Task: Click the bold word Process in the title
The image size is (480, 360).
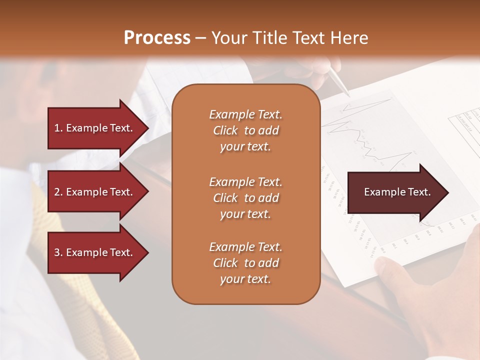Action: pos(157,37)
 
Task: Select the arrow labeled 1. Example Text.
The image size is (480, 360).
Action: pos(95,128)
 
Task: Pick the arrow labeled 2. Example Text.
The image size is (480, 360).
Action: pos(95,192)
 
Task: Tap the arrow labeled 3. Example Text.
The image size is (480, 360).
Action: pos(95,252)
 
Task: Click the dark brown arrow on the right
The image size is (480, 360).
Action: pos(395,192)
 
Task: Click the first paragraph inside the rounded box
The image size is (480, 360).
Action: pos(245,130)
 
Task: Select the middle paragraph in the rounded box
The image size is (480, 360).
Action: pos(245,198)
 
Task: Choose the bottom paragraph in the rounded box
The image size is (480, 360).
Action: pos(245,263)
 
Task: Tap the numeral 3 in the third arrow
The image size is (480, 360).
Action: pos(57,252)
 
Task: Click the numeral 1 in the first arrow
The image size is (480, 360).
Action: pos(56,128)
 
